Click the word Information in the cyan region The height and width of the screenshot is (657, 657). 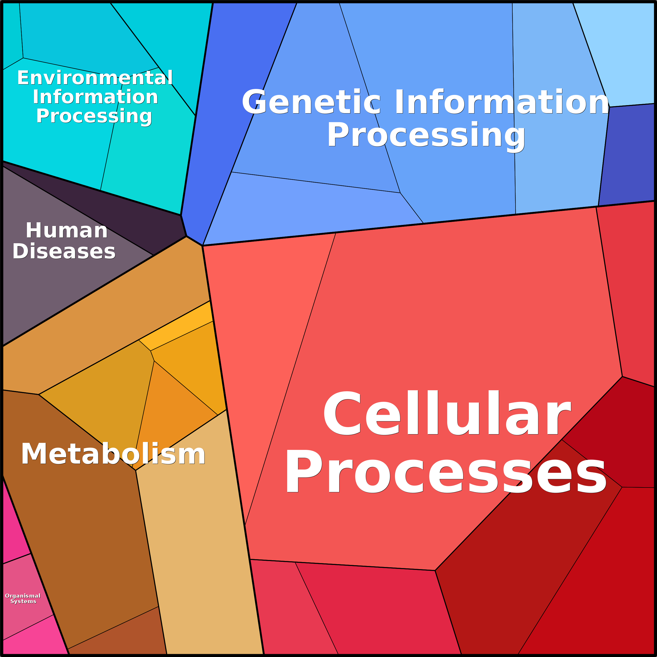(x=95, y=97)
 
